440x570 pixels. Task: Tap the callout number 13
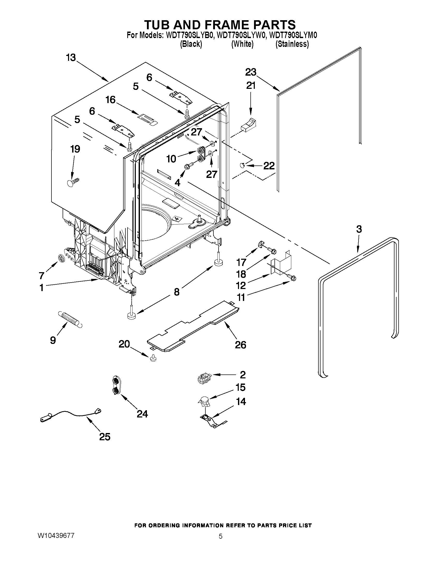(71, 57)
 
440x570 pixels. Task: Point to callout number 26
(240, 345)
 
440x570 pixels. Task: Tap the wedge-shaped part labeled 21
(248, 124)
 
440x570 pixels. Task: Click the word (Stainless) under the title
(292, 44)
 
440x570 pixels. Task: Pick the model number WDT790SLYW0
(241, 35)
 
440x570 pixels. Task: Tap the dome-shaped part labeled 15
(204, 401)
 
